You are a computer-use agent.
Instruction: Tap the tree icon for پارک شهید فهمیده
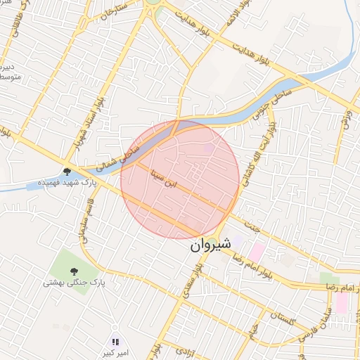67,172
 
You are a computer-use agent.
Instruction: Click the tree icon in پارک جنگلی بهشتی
74,271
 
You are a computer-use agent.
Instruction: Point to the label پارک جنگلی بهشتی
74,283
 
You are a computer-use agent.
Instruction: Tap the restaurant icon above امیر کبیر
115,340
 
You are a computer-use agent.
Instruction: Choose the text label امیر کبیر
115,351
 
